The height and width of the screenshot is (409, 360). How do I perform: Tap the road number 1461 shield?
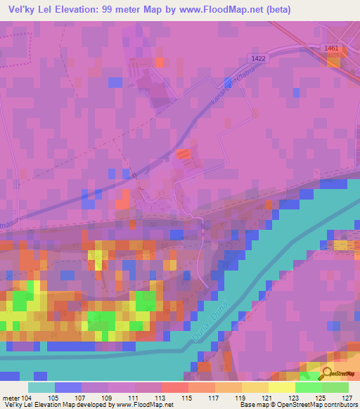click(x=333, y=48)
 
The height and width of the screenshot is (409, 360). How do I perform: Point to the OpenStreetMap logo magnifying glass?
click(x=327, y=374)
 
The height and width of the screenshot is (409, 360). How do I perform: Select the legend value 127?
click(x=348, y=398)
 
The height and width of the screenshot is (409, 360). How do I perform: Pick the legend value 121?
click(x=268, y=398)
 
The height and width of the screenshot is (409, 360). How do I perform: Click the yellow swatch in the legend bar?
click(x=281, y=387)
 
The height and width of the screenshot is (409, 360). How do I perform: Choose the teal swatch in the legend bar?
click(x=41, y=387)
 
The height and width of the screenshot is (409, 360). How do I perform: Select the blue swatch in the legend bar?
click(x=67, y=387)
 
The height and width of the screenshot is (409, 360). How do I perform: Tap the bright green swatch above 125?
click(x=308, y=387)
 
